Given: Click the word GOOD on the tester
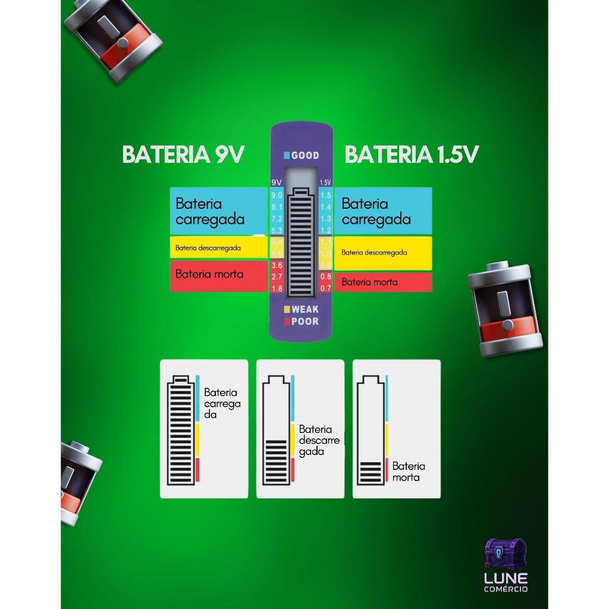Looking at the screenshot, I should click(x=305, y=156).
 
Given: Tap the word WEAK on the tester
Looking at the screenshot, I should click(x=305, y=309).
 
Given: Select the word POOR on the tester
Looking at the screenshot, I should click(x=305, y=322).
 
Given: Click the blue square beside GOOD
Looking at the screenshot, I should click(x=287, y=156).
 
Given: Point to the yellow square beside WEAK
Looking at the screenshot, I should click(x=287, y=309).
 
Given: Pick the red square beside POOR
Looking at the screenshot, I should click(x=287, y=322).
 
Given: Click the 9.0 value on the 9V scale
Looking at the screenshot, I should click(x=277, y=196).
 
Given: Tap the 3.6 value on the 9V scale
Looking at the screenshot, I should click(x=277, y=265).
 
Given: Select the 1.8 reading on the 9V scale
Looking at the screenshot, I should click(x=277, y=289).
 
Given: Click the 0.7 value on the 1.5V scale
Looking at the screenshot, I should click(x=325, y=288).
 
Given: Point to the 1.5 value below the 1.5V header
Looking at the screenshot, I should click(x=325, y=196).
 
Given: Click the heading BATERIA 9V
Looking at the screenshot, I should click(x=183, y=155).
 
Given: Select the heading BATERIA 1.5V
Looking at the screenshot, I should click(x=412, y=155).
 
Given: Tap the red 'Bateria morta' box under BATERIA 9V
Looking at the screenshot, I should click(x=218, y=275).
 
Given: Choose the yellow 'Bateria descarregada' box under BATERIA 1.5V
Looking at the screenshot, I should click(x=382, y=253).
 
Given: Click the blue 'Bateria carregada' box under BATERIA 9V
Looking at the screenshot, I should click(x=218, y=211).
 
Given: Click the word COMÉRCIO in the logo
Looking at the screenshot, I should click(x=506, y=589).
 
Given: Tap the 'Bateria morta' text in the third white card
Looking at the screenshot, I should click(x=409, y=472).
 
